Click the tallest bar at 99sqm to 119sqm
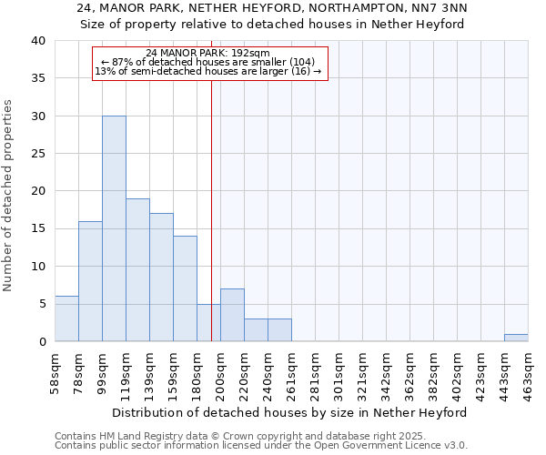coord(114,228)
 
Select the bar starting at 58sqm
coord(66,318)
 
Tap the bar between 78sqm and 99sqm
coord(90,281)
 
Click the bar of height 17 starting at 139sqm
coord(161,278)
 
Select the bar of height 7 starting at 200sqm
coord(232,315)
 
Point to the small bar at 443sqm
coord(516,338)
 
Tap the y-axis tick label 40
coord(38,41)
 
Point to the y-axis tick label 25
coord(38,154)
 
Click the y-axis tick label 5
coord(42,304)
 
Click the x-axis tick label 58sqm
coord(55,372)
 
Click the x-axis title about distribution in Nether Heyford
coord(291,412)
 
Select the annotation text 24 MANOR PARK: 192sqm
coord(208,54)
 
